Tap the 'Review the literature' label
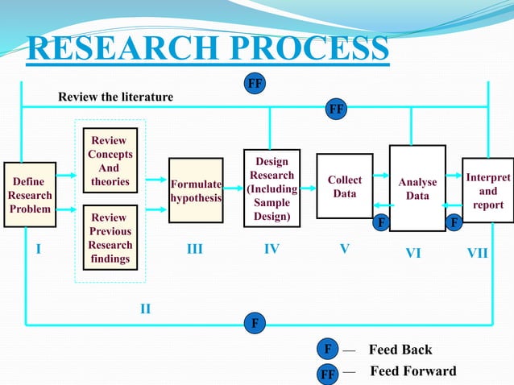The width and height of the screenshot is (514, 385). [x=115, y=97]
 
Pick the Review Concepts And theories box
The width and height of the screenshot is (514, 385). [x=110, y=161]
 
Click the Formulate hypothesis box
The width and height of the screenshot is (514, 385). [x=195, y=190]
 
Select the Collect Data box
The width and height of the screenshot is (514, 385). [x=344, y=186]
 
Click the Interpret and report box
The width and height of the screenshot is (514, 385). [x=487, y=190]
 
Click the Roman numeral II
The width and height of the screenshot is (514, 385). [x=145, y=308]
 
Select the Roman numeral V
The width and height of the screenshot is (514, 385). [x=344, y=250]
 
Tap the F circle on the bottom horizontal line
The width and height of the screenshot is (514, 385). [x=255, y=324]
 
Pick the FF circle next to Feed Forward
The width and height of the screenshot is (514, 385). [x=328, y=374]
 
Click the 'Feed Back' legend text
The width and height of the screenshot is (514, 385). [x=400, y=350]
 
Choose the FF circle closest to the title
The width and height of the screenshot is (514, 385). [x=255, y=82]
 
